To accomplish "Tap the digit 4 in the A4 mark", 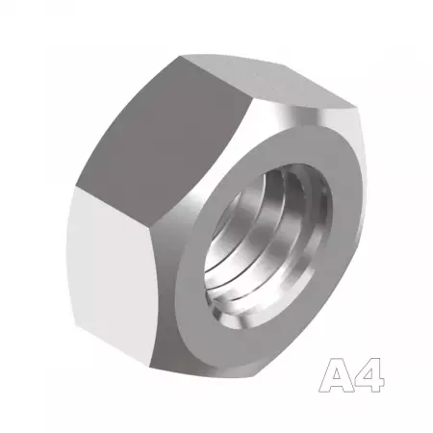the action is click(369, 375).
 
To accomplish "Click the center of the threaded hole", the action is click(268, 247).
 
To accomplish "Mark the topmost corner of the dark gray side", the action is click(180, 57).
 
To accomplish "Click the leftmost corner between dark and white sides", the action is click(76, 187).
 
